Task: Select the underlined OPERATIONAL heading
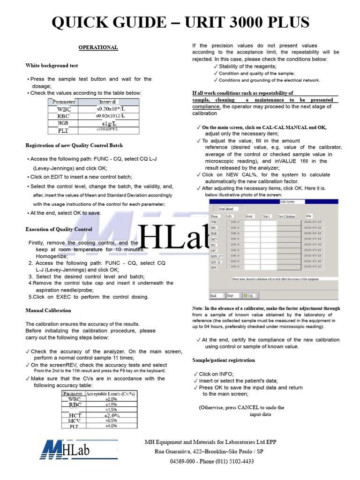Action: click(x=98, y=47)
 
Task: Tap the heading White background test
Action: click(x=52, y=66)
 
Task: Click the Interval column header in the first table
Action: click(x=107, y=102)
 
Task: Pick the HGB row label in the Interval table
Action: click(x=63, y=123)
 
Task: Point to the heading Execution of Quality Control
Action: click(x=59, y=229)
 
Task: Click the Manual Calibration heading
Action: click(x=48, y=310)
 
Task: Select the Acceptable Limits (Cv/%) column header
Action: click(x=111, y=394)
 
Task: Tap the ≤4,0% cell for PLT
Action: click(x=111, y=426)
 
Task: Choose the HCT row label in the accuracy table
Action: click(x=75, y=415)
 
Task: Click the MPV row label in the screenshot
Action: click(x=214, y=250)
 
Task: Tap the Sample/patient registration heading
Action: click(x=224, y=360)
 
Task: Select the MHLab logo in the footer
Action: click(x=65, y=452)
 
